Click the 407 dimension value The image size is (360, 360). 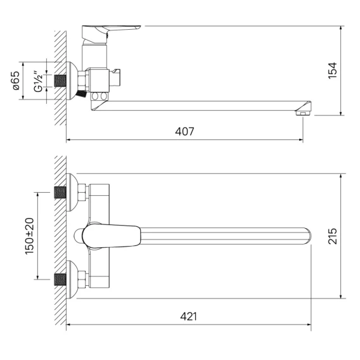click(x=184, y=132)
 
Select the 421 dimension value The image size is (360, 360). click(x=188, y=317)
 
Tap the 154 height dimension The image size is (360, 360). click(x=332, y=70)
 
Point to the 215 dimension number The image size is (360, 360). click(x=332, y=236)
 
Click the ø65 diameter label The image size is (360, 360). click(x=16, y=80)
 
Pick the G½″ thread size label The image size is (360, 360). click(x=38, y=82)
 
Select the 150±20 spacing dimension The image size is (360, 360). click(x=29, y=236)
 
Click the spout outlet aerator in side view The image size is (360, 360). click(x=303, y=113)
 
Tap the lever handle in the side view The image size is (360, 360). click(x=111, y=34)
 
